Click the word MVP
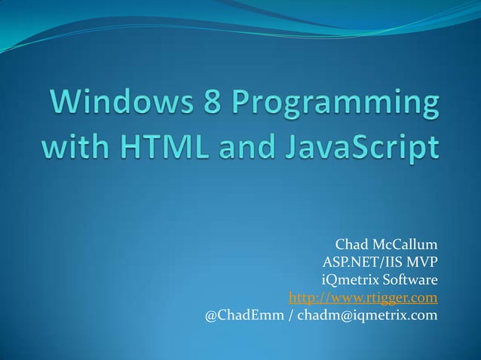click(421, 263)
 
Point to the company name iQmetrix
click(348, 280)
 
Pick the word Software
click(410, 280)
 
